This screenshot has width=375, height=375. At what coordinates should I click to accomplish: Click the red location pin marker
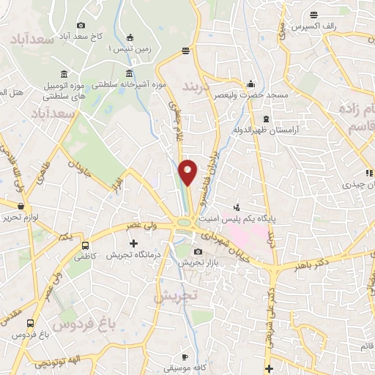tap(187, 171)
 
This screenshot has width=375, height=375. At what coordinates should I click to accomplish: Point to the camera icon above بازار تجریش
tap(198, 252)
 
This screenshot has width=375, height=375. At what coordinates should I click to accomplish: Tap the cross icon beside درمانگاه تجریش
tap(133, 242)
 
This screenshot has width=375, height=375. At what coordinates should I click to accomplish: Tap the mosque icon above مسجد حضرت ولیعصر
tap(251, 83)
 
